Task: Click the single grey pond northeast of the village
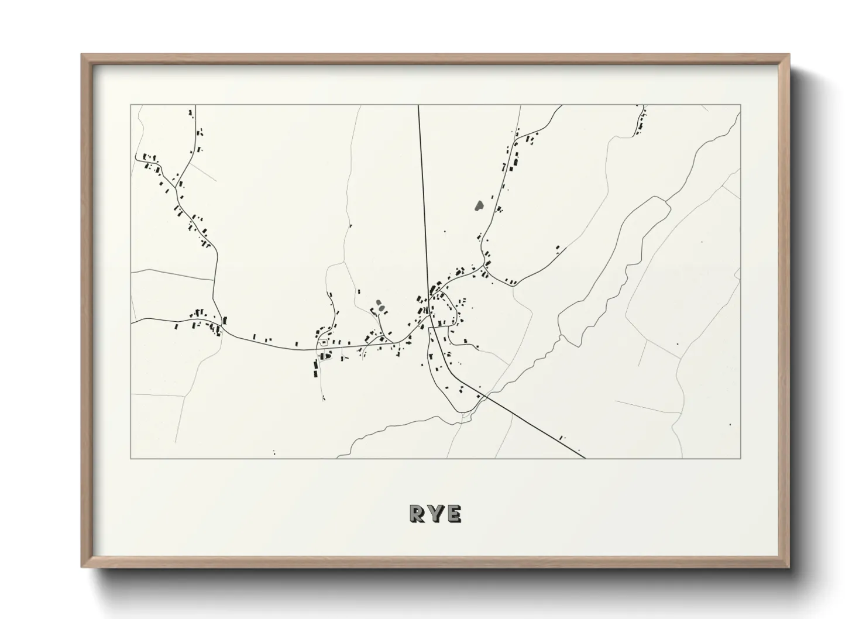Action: [x=479, y=205]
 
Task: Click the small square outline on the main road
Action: [x=322, y=342]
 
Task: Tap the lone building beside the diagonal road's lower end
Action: [x=562, y=436]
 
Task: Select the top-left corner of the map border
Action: [x=131, y=105]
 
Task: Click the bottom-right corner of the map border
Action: [x=741, y=458]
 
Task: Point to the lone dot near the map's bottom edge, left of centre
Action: [x=274, y=452]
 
